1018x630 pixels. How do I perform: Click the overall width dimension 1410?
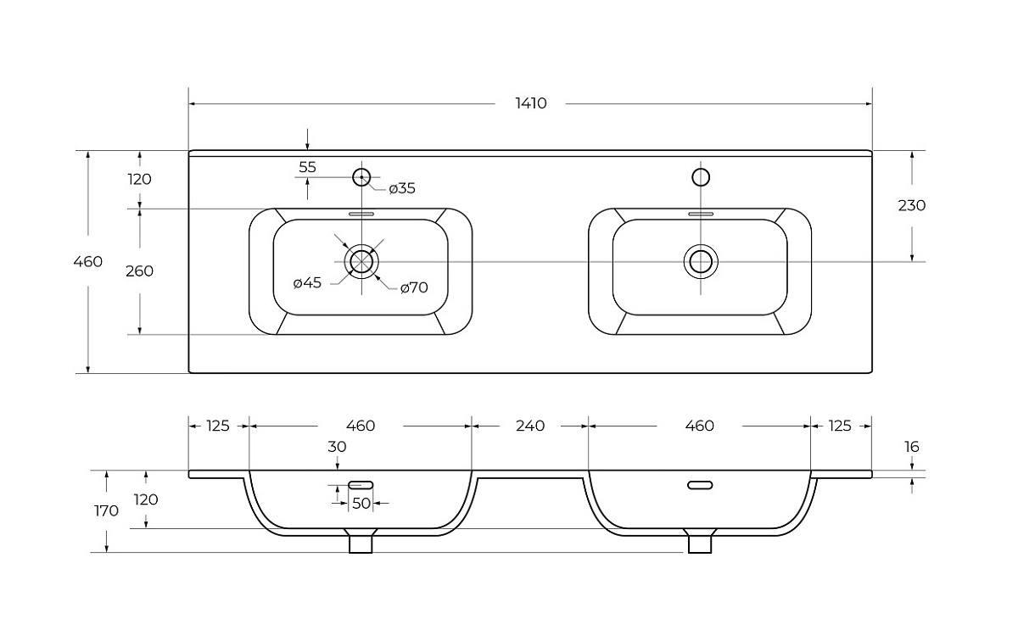tap(531, 103)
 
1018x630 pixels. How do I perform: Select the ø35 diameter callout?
tap(402, 188)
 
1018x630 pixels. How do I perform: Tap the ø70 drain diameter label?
tap(413, 287)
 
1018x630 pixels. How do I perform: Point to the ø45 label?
tap(307, 282)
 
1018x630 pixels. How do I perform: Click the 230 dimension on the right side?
tap(911, 205)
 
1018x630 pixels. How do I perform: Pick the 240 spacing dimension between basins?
tap(530, 426)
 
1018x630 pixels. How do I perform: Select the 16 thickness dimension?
tap(912, 447)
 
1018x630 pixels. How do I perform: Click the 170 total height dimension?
tap(106, 510)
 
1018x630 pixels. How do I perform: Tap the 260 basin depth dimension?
tap(139, 271)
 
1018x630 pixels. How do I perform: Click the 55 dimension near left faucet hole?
tap(307, 167)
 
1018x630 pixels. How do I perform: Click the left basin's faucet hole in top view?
tap(361, 176)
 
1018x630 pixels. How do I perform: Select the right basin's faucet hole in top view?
tap(701, 176)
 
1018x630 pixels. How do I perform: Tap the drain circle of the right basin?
tap(701, 261)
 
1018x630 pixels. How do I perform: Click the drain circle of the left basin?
tap(361, 261)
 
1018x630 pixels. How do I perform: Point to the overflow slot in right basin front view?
tap(700, 485)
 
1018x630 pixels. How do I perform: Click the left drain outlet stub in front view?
tap(361, 542)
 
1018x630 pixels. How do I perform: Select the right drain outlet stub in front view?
tap(700, 542)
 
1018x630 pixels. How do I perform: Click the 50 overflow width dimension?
tap(361, 503)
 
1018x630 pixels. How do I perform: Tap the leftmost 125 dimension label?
tap(218, 426)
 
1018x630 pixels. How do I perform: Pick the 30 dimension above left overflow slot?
tap(338, 447)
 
